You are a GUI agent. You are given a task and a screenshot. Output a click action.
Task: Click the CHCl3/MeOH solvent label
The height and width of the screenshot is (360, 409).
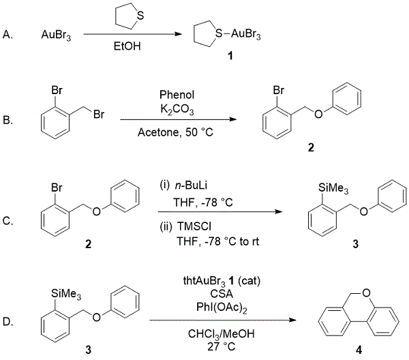pos(213,332)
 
